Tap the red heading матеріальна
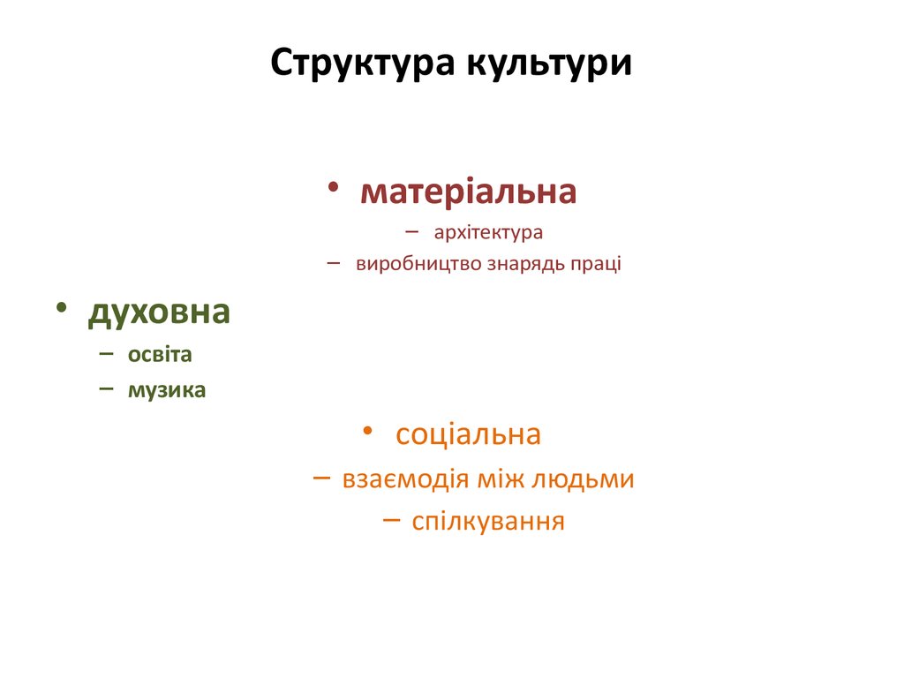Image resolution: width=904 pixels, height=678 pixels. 468,192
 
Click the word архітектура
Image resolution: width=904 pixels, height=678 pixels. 488,233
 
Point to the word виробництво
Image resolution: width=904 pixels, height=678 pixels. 418,264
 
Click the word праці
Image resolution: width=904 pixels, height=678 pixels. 599,264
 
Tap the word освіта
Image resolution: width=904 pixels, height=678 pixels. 160,355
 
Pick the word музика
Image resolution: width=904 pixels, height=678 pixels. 167,389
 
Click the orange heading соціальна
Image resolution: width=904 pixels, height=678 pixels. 468,434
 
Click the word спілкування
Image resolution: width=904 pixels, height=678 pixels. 488,521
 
